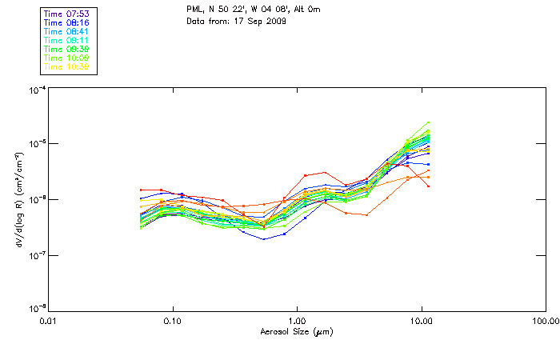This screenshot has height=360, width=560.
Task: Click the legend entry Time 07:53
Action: [67, 13]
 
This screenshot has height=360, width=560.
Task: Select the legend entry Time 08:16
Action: [67, 22]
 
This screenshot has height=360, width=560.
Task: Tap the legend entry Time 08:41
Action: [67, 30]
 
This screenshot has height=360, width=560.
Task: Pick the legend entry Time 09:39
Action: [67, 49]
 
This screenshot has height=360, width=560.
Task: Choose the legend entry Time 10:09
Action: [67, 58]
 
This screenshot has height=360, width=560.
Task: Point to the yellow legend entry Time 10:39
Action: [67, 66]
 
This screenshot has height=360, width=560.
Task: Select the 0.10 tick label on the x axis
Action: [172, 320]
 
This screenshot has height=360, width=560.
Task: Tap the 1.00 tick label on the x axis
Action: [297, 320]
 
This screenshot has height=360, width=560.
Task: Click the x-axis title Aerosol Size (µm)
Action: [296, 330]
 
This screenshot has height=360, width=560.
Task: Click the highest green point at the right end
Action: [429, 122]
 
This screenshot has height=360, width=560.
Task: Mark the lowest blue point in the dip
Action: [263, 239]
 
